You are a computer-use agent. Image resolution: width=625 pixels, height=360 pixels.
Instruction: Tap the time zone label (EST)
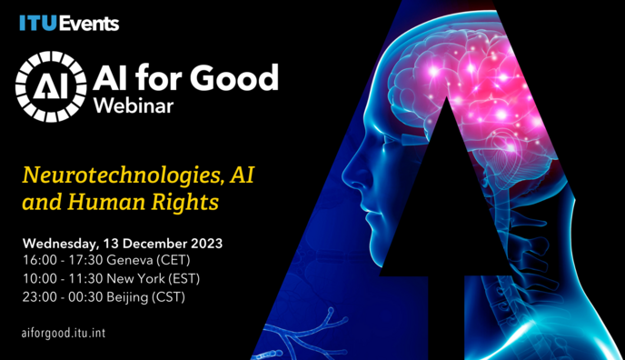(183, 278)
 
